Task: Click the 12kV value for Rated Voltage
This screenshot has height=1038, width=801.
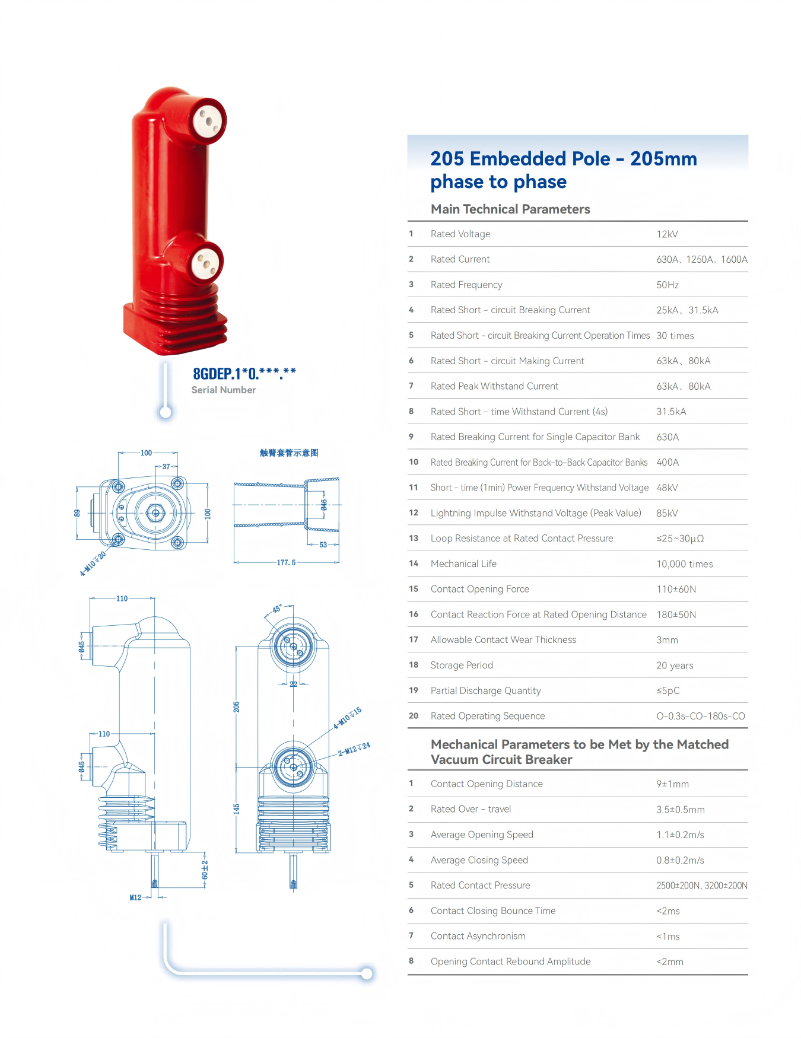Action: (x=667, y=234)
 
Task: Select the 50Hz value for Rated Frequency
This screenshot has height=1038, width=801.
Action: (x=667, y=285)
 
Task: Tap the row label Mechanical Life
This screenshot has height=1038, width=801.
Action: (x=463, y=564)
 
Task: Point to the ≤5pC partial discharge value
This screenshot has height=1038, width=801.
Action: (x=668, y=691)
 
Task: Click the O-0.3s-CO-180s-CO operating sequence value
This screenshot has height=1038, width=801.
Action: (x=701, y=717)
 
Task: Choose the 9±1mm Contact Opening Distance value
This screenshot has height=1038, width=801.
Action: (x=673, y=784)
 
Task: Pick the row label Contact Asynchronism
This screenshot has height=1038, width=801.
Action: (x=478, y=937)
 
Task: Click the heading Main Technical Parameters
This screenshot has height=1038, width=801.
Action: (x=510, y=209)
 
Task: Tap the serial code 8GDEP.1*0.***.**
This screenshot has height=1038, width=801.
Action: (x=244, y=374)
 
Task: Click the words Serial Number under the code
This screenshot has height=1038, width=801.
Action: (x=224, y=390)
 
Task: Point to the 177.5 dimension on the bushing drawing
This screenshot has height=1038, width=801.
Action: (x=286, y=563)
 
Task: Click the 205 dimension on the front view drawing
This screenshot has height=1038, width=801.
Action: (x=236, y=707)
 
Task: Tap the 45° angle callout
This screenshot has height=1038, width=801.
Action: (x=277, y=609)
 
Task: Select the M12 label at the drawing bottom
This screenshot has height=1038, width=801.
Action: (x=135, y=898)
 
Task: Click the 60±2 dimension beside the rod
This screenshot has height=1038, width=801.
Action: (x=205, y=870)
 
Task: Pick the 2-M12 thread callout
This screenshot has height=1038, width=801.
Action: (x=354, y=749)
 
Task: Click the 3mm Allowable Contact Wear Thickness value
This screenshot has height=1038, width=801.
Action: (x=667, y=641)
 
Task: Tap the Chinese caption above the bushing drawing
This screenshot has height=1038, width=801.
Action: (x=289, y=453)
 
